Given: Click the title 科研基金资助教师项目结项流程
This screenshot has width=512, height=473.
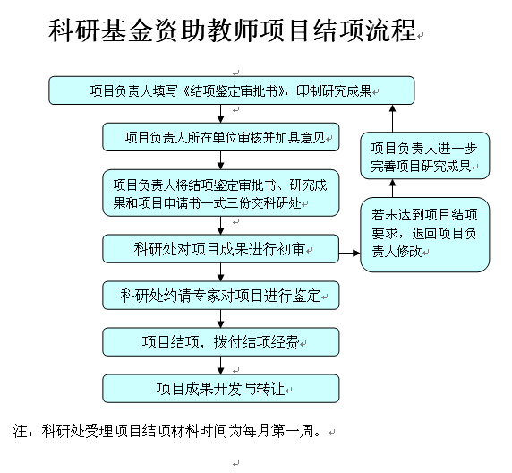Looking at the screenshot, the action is [233, 30].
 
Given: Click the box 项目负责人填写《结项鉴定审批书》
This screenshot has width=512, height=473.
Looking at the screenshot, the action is [232, 90].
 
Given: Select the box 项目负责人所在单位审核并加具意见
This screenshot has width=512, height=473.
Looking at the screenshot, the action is [221, 137].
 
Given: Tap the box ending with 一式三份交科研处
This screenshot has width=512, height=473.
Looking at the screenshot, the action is [221, 193].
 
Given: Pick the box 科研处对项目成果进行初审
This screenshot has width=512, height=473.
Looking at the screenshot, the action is [221, 249].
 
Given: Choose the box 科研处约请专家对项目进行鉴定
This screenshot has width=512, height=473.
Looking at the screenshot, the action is [221, 296].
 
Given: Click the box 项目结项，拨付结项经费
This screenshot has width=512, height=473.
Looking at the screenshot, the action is [221, 342].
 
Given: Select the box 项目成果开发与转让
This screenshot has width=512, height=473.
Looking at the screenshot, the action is [221, 389].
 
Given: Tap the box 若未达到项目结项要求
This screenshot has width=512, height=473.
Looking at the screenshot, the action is [425, 235].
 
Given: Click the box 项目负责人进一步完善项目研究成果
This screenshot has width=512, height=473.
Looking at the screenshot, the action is [425, 156].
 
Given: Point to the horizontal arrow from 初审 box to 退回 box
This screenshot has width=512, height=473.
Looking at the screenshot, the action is [350, 253].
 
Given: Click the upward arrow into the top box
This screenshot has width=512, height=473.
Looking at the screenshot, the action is [393, 118].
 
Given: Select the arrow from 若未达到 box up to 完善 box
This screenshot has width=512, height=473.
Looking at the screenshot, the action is [393, 188].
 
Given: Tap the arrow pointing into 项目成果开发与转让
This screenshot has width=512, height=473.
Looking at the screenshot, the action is [221, 365].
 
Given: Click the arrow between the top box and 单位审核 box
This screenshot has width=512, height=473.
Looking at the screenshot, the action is [221, 114].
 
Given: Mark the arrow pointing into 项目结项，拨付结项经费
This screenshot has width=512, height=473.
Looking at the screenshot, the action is [221, 319].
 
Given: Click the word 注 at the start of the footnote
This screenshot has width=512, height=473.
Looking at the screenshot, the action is [20, 431].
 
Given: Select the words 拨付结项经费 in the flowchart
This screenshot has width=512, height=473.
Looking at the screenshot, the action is [256, 342].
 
